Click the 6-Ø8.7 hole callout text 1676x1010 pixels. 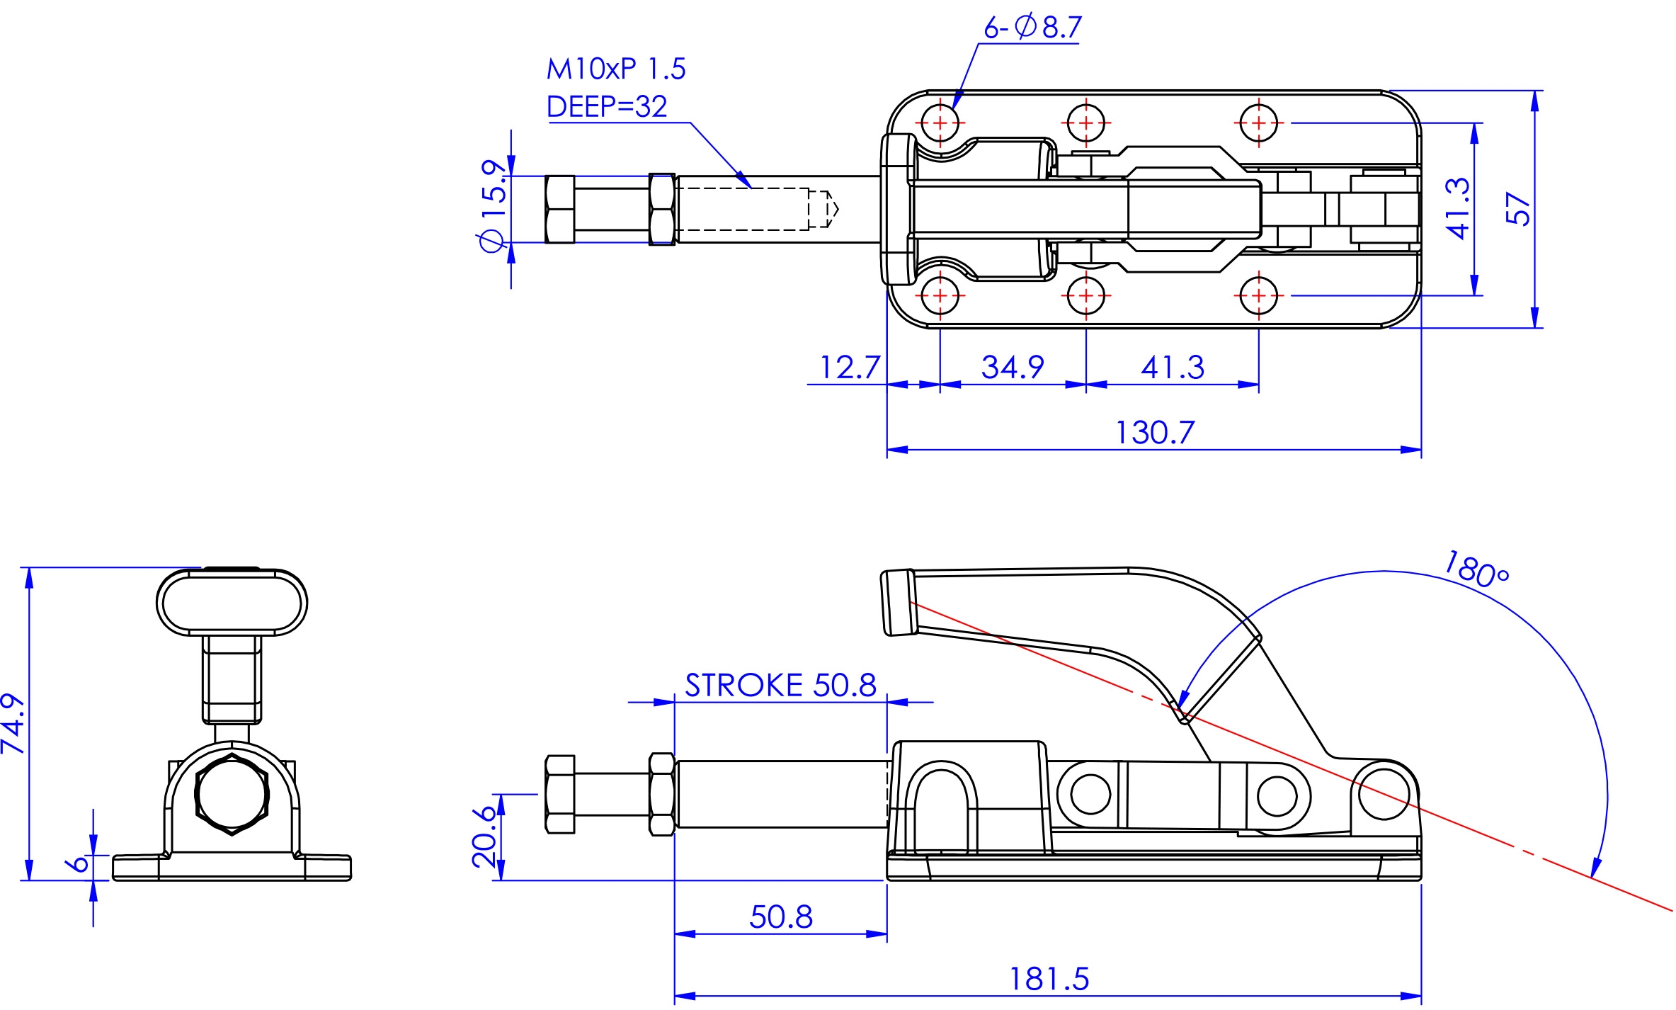(x=1032, y=28)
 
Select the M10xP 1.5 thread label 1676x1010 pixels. (x=615, y=69)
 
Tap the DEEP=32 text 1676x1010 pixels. (x=607, y=106)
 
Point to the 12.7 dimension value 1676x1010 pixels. (x=848, y=367)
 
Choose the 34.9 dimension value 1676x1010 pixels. (x=1012, y=367)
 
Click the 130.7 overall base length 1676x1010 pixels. (x=1154, y=432)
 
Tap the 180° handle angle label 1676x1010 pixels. (x=1476, y=570)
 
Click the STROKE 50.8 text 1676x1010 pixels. (x=780, y=685)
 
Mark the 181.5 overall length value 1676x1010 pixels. (x=1049, y=979)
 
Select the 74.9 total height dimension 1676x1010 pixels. (x=13, y=724)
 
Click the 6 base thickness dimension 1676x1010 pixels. (x=77, y=863)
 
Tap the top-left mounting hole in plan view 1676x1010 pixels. (x=940, y=123)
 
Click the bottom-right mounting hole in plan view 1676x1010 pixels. (x=1259, y=295)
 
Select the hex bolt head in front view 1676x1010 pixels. (x=232, y=795)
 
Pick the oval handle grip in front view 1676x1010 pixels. (x=232, y=603)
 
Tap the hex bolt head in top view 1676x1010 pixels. (x=560, y=209)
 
